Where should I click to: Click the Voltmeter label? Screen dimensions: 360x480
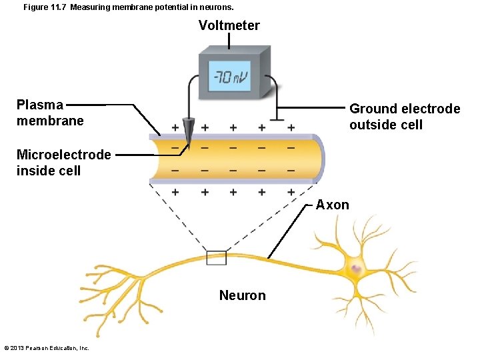[229, 25]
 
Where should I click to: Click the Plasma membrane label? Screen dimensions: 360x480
[50, 113]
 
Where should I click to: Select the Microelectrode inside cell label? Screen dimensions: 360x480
[63, 163]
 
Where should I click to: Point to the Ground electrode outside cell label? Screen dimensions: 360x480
[405, 117]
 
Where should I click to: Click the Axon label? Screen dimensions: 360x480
[332, 205]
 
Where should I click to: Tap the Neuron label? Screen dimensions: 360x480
[242, 295]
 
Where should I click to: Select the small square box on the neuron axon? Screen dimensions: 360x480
[216, 257]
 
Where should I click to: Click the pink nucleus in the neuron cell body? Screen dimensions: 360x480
[356, 269]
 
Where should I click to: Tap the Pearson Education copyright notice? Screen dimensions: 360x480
[47, 348]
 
